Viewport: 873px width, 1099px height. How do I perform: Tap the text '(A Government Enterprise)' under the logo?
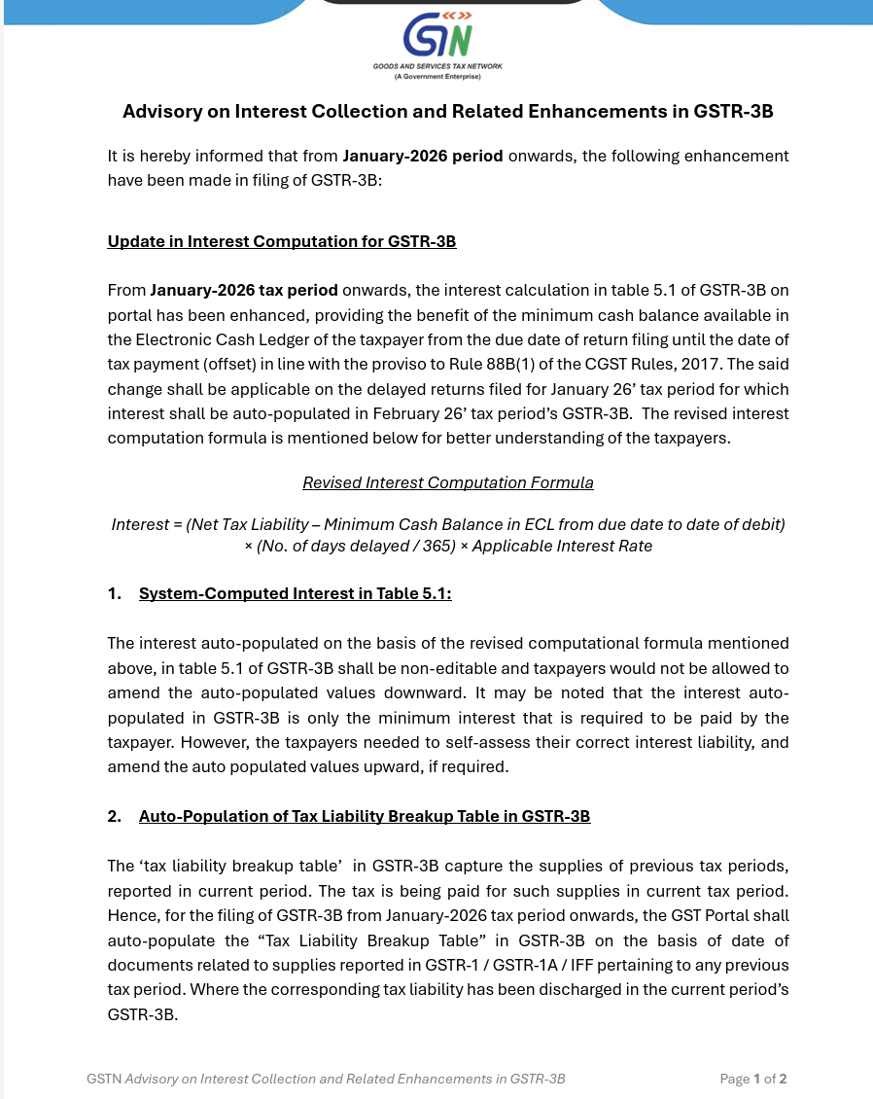[x=437, y=76]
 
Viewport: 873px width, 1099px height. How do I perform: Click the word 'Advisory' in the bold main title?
[x=159, y=112]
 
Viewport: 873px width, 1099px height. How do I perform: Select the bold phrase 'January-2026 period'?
[x=423, y=156]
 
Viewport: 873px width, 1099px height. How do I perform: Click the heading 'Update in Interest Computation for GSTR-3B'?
[x=282, y=241]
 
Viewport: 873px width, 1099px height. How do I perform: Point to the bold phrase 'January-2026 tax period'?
[x=244, y=290]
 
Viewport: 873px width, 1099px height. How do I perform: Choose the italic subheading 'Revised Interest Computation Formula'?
[x=447, y=482]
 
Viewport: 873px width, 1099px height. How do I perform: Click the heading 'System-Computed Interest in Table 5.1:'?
[x=295, y=593]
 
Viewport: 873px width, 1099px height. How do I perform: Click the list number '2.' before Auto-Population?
[x=115, y=816]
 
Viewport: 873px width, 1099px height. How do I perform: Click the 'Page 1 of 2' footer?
[x=752, y=1079]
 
